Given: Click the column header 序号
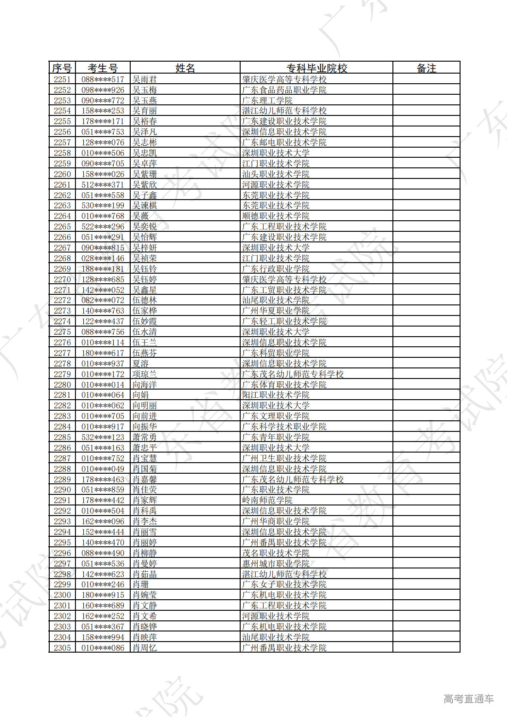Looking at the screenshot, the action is (62, 68).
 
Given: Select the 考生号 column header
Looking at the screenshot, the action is (103, 68).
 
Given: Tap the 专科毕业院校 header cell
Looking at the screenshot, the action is (317, 68).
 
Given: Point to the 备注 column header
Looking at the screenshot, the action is (426, 68).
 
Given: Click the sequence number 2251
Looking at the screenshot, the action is (62, 79).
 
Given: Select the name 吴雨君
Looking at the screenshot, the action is (144, 79).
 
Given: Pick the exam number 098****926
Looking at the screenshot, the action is (103, 90).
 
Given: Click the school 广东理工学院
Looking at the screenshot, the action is (267, 100).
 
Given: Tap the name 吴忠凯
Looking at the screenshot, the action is (144, 153).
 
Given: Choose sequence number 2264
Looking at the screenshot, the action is (62, 216).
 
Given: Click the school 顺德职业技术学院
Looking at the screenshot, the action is (276, 216).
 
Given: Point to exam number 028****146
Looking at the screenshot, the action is (103, 258).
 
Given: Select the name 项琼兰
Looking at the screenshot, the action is (144, 374).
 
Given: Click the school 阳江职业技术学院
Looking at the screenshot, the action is (276, 395).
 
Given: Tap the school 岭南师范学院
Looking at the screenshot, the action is (267, 500).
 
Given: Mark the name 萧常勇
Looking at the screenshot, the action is (144, 437).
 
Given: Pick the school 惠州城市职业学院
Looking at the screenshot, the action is (276, 563).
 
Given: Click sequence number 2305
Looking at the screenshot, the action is (62, 648).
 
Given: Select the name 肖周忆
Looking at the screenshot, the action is (144, 648).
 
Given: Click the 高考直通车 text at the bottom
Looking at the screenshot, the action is (468, 699).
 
